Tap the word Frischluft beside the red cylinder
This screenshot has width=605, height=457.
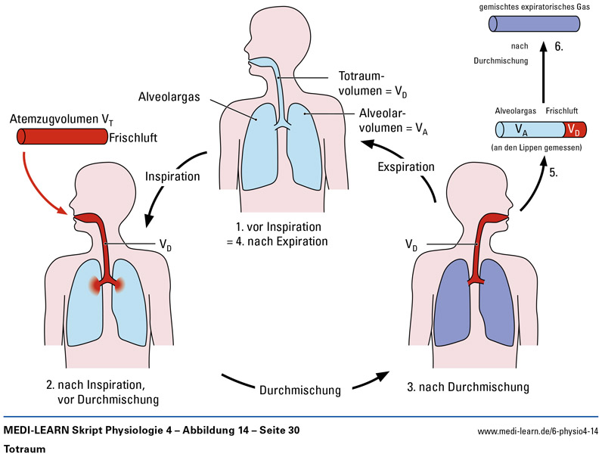pos(133,138)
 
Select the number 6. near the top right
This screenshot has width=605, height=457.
pos(560,46)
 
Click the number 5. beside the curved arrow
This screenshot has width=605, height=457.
pos(554,173)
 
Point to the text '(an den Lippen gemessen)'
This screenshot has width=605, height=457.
pos(535,148)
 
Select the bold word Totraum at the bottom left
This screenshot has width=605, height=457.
pos(26,448)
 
